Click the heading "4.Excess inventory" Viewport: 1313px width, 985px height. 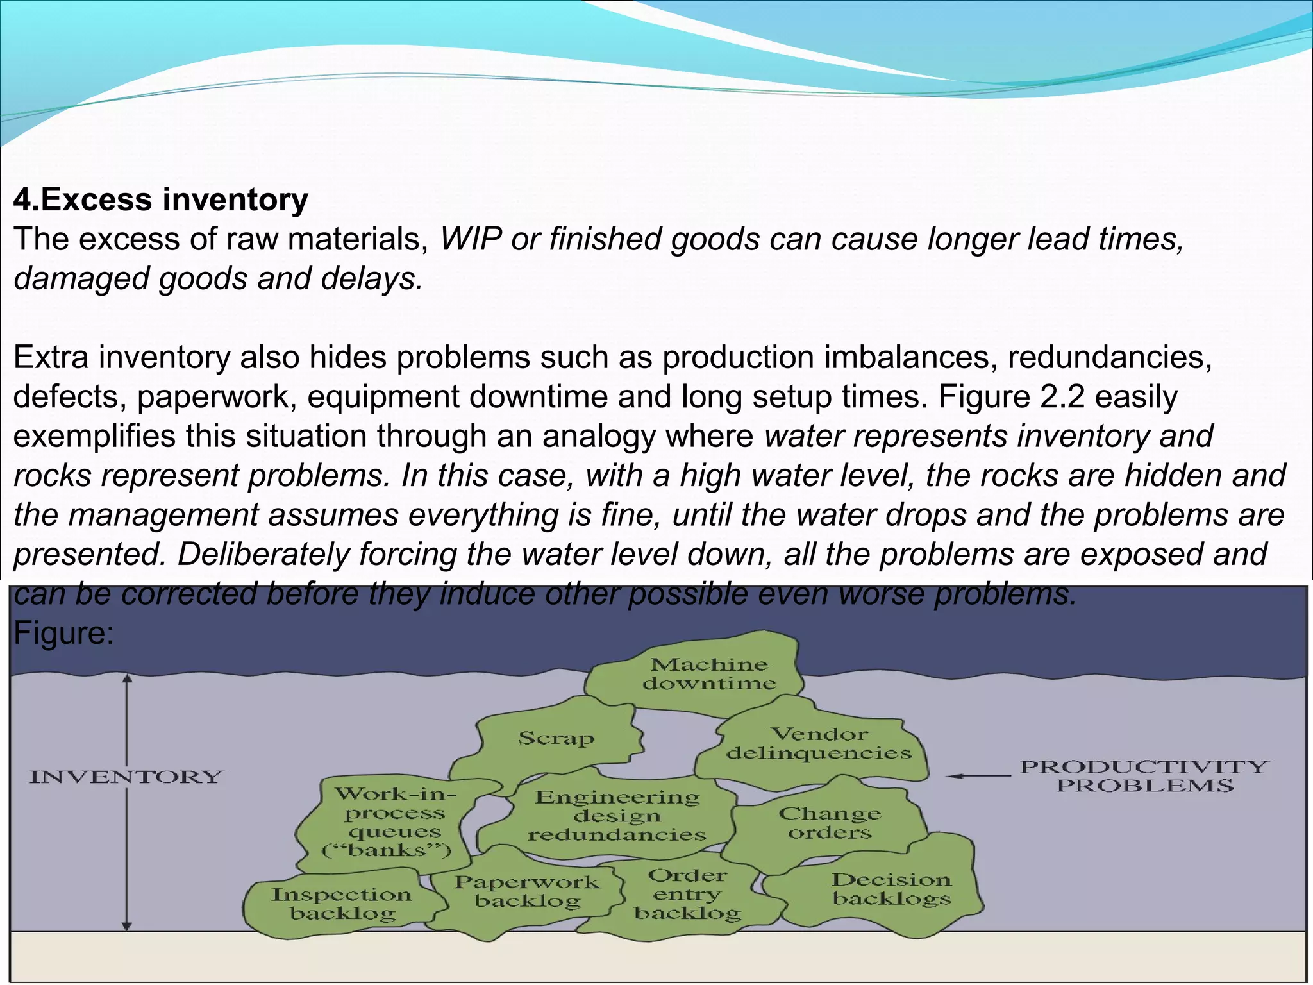click(160, 199)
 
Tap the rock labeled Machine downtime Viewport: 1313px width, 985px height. click(708, 673)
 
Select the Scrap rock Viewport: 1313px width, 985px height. click(556, 738)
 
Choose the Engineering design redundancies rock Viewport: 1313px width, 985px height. click(617, 816)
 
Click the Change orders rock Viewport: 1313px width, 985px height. click(830, 823)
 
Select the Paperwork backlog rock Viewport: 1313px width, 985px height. click(527, 891)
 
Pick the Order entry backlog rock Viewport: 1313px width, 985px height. click(687, 894)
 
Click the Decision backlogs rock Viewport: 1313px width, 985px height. click(891, 889)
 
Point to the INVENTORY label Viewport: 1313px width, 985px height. click(126, 777)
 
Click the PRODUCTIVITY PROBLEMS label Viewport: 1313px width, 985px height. click(1144, 776)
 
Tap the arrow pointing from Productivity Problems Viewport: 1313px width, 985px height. click(978, 776)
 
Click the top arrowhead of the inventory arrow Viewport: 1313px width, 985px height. click(127, 678)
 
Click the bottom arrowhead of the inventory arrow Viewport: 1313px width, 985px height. click(127, 926)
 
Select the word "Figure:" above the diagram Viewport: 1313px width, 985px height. click(63, 634)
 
